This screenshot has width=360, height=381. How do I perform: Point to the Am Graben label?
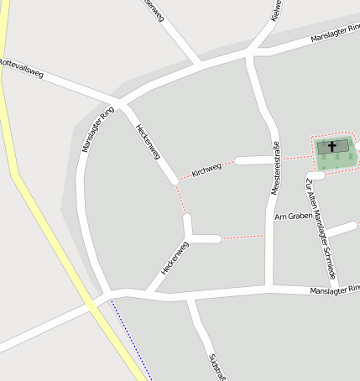[x=294, y=216]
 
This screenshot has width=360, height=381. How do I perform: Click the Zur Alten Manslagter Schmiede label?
[x=321, y=228]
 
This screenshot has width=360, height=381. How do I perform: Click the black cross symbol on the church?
[x=332, y=147]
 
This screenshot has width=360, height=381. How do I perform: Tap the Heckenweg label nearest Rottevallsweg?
[x=148, y=142]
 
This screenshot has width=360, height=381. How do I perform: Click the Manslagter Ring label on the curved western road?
[x=98, y=129]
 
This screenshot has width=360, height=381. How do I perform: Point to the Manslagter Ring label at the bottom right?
[x=334, y=289]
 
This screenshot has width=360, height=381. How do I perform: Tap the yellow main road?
[x=50, y=236]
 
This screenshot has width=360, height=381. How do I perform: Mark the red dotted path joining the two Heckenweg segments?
[x=180, y=199]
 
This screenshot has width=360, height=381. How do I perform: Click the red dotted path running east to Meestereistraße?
[x=243, y=237]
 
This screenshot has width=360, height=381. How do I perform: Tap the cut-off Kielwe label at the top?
[x=275, y=10]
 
